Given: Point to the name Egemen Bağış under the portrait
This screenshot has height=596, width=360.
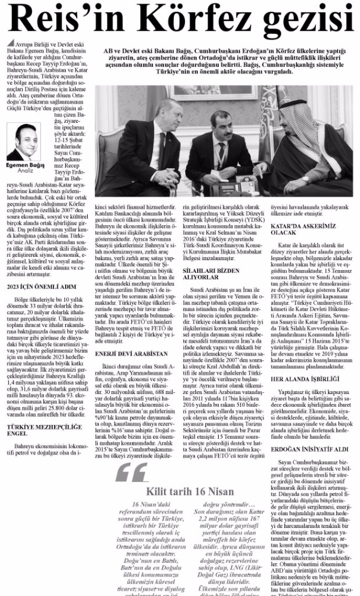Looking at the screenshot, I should (x=24, y=166).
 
